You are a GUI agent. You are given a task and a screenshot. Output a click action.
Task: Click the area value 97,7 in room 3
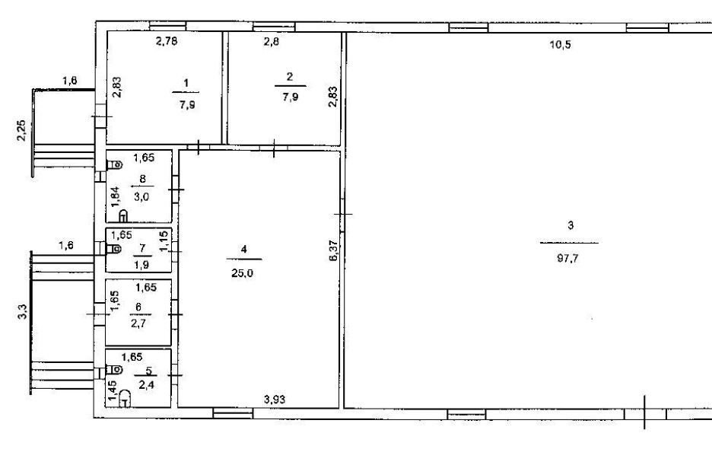coord(567,259)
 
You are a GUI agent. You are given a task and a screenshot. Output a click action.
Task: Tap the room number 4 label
coord(244,249)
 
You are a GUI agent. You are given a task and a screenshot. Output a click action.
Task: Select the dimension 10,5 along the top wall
coord(561,45)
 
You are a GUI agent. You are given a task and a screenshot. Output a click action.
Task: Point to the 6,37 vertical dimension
coord(334,250)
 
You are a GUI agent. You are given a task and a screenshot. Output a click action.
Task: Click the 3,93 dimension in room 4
coord(275,400)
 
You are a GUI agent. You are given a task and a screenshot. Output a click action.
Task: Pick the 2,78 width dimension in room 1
coord(166,41)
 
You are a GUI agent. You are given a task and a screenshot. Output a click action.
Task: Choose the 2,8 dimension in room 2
coord(272,42)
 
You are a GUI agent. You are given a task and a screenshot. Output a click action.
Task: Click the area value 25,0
coord(243,273)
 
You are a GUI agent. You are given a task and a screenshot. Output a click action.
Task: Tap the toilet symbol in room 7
coord(114,249)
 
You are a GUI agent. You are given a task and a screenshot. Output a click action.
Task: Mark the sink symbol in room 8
coord(123,215)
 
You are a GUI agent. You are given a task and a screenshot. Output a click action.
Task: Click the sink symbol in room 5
coord(125,399)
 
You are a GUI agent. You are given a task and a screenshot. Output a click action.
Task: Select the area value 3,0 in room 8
coord(141,197)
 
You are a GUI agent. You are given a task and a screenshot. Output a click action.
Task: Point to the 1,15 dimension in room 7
coord(164,240)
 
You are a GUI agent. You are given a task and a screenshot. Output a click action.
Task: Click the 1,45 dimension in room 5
coord(112,390)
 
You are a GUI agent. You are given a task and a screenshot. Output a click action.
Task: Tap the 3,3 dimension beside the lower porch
coord(23,312)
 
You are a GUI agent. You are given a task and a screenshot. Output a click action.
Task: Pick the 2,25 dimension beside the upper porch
coord(21,130)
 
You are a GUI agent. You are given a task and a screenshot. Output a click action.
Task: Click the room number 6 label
coord(138,307)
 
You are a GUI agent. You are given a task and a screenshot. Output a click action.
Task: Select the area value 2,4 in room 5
coord(146,386)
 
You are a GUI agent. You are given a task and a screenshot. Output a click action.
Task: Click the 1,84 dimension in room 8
coord(115,198)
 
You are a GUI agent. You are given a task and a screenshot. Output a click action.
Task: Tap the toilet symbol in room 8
coord(114,164)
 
